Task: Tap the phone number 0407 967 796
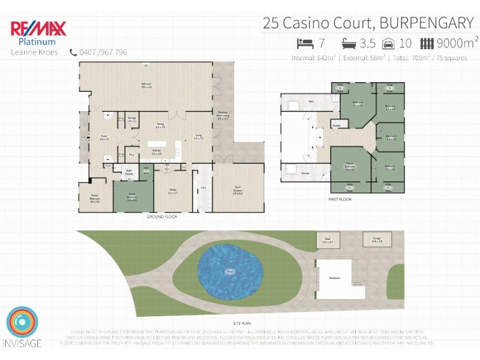103,52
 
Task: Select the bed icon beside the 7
305,43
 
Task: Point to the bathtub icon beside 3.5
349,43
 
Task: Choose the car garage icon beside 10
388,43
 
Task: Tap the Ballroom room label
146,85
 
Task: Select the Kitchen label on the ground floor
157,152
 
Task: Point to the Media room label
173,193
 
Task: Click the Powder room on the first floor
337,125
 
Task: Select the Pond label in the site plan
229,272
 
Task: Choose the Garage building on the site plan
377,241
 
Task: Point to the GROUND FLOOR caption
162,216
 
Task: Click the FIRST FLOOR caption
340,199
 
